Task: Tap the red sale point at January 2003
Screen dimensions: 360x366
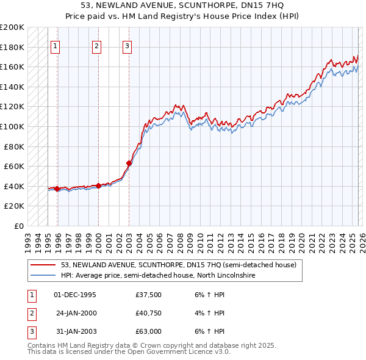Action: (x=129, y=163)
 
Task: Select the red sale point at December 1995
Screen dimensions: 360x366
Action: (x=57, y=189)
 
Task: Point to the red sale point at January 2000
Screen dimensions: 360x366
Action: (x=98, y=185)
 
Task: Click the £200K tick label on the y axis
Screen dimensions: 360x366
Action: (x=12, y=27)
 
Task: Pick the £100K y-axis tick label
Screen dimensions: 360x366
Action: (x=12, y=126)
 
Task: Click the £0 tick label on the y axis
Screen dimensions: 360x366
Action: (x=18, y=226)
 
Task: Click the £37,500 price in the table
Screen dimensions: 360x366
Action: (x=149, y=295)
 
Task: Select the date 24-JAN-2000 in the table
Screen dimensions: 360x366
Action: (x=76, y=313)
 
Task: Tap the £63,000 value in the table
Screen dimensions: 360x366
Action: (x=149, y=331)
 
